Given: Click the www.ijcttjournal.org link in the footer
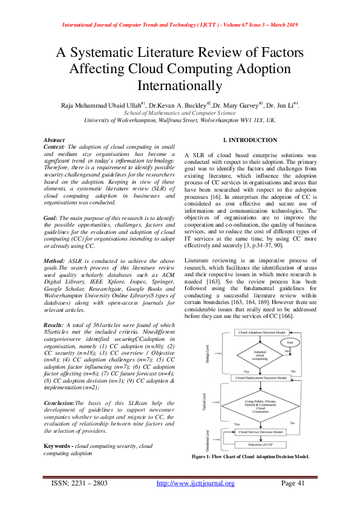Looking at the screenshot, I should click(195, 483).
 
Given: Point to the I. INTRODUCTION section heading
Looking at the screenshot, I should click(241, 140).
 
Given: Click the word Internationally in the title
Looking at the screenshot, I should click(180, 85).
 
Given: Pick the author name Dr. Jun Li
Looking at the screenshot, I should click(281, 105).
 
